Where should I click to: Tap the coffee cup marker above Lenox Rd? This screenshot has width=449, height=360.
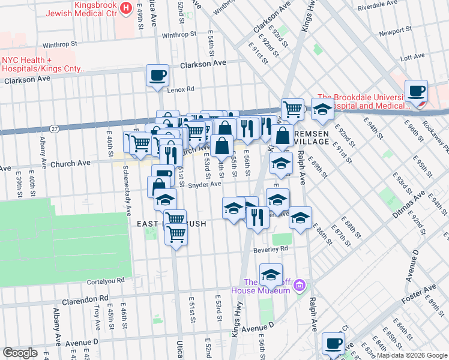pos(157,76)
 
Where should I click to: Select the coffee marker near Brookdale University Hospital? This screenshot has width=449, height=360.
pos(416,91)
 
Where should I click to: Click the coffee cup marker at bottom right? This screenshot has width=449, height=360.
pos(333,344)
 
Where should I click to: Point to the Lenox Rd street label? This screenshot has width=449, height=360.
pos(181,89)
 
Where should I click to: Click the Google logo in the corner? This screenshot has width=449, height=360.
pos(21,353)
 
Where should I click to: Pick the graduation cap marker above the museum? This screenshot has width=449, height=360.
pos(271,275)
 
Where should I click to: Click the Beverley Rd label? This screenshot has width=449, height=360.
pos(274,247)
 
